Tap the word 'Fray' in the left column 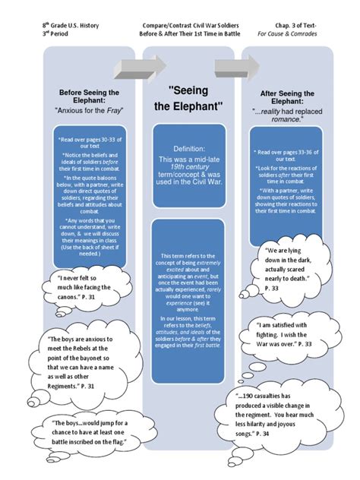coord(115,110)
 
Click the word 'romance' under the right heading coord(274,119)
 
